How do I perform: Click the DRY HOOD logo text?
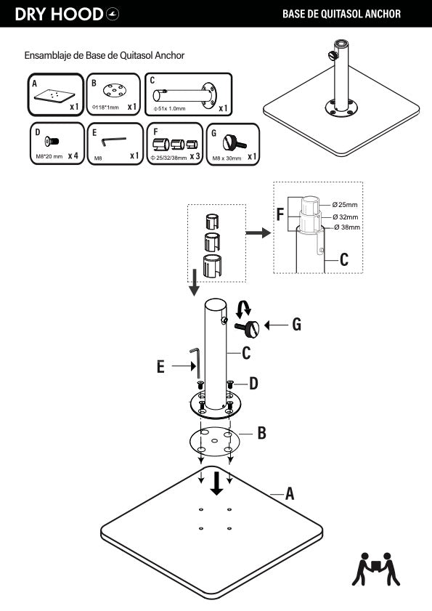click(60, 15)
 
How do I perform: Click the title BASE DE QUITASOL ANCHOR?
click(342, 14)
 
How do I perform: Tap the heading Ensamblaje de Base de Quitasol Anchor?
click(105, 55)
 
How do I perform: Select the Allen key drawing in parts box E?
click(114, 142)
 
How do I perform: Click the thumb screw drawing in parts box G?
click(234, 142)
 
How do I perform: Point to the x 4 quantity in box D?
click(73, 156)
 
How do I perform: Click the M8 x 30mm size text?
click(227, 158)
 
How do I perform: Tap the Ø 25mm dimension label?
click(345, 205)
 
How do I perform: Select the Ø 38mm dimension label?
click(347, 227)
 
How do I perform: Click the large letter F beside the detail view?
click(280, 215)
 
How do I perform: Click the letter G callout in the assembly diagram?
click(297, 325)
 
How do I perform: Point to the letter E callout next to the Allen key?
click(160, 367)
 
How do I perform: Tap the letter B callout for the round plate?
click(262, 433)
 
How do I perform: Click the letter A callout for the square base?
click(290, 494)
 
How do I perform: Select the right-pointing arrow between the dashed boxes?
click(258, 232)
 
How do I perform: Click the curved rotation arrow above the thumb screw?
click(243, 308)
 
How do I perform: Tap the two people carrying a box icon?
click(376, 569)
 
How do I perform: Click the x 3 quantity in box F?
click(195, 156)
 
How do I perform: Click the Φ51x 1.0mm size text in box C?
click(170, 109)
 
